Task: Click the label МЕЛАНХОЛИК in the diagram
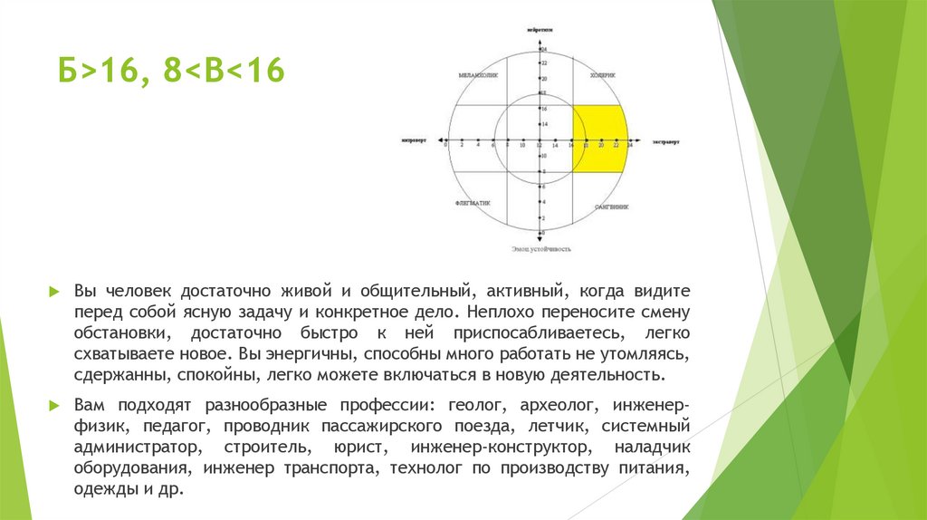click(x=476, y=74)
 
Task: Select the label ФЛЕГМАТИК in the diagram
click(x=473, y=204)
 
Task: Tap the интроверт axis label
click(x=416, y=142)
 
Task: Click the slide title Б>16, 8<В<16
click(x=171, y=71)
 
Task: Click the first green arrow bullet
click(x=54, y=293)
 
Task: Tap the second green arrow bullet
click(x=54, y=404)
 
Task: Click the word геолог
click(x=473, y=404)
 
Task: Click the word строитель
click(x=255, y=448)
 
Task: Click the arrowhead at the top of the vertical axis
click(x=541, y=40)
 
